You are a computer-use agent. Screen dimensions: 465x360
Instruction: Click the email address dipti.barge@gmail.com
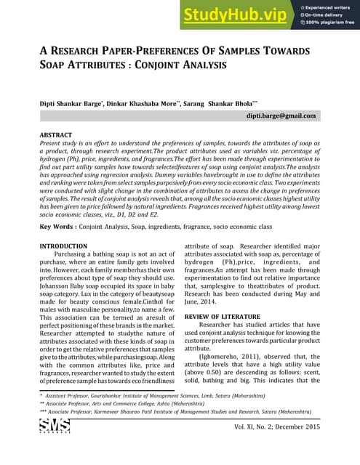(x=281, y=116)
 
